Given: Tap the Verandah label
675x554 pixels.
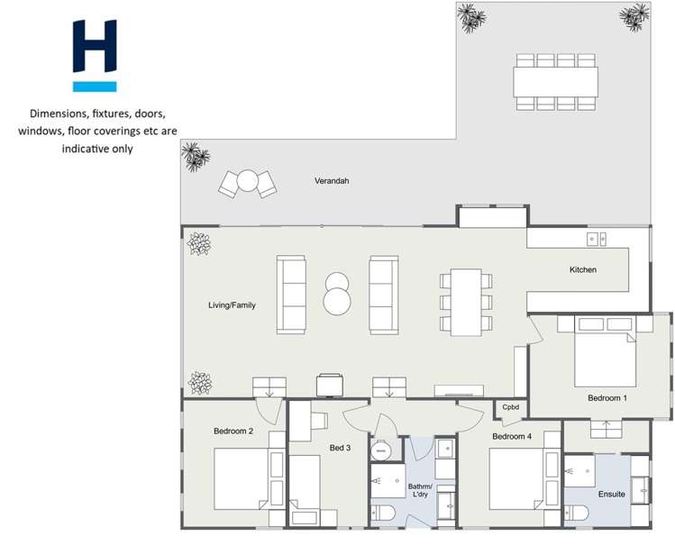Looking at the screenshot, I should (331, 181).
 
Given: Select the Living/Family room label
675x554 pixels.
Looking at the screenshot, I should (232, 305).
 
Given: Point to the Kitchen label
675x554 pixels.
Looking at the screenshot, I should (582, 269).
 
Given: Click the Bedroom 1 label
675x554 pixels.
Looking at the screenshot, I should (607, 397).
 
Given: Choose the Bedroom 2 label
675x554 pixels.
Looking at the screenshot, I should (233, 431).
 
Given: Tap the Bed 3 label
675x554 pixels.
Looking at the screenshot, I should (339, 448).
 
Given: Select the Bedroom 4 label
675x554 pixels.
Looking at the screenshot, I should (512, 437).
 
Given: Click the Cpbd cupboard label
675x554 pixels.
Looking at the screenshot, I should (511, 408).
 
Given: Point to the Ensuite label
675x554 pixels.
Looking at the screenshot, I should (611, 494).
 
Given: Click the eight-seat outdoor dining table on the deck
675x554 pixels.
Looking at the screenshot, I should (555, 82).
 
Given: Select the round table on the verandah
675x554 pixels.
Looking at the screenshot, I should (248, 183).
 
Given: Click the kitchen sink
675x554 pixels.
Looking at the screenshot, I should (597, 239).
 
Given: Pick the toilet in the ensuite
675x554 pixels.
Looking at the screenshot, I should (576, 513).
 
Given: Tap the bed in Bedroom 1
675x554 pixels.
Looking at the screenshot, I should (606, 352).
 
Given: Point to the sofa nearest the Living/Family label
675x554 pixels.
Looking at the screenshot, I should (291, 294).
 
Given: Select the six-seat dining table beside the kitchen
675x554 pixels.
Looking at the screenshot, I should (466, 302).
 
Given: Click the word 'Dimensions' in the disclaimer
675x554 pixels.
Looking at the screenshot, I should (61, 114).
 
